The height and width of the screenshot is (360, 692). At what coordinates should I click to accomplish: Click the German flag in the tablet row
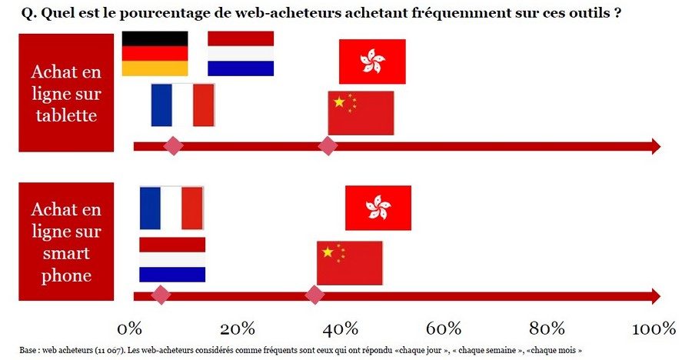(x=155, y=53)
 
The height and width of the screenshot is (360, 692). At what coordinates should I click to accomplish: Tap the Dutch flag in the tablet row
(x=241, y=53)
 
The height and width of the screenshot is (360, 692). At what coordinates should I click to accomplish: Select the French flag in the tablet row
(x=183, y=105)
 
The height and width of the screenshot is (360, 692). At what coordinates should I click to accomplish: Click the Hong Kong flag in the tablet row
(x=372, y=62)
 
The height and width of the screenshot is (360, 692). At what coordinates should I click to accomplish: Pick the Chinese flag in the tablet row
(x=361, y=113)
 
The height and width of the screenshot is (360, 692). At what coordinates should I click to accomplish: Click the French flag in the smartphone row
(x=171, y=208)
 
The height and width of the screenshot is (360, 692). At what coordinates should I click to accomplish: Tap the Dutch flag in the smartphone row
(x=172, y=260)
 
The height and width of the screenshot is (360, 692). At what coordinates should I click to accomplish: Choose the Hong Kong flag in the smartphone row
(x=378, y=208)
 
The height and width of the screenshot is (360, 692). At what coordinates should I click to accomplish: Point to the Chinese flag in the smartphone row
(x=350, y=263)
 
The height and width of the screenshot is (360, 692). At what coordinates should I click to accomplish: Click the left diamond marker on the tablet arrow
(x=174, y=145)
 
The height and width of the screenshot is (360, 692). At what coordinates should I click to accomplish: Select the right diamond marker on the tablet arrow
(x=328, y=145)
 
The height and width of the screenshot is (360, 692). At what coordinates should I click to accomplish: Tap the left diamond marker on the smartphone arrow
(x=161, y=295)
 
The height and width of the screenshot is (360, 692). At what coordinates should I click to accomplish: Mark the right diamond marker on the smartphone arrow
(x=314, y=295)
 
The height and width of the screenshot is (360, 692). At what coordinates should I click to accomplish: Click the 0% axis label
(x=130, y=328)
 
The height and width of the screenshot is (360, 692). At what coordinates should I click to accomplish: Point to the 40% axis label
(x=340, y=328)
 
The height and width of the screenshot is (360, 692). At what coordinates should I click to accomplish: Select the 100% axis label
(x=654, y=328)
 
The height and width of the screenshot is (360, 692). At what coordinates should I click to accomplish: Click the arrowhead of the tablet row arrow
(x=656, y=146)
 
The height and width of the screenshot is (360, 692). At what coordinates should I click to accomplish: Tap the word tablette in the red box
(x=66, y=115)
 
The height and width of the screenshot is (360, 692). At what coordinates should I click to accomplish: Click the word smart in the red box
(x=66, y=253)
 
